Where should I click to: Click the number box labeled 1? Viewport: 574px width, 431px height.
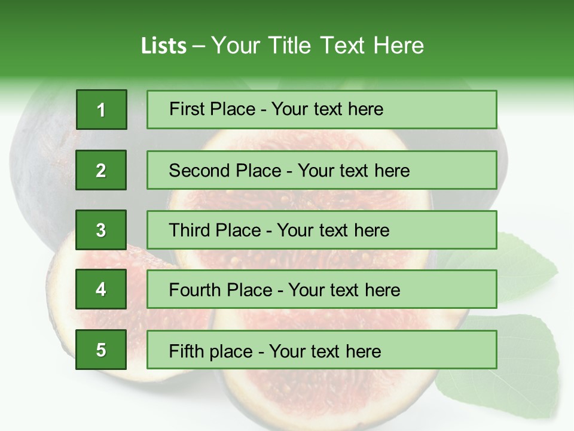101,110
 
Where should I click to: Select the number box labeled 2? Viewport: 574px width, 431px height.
101,170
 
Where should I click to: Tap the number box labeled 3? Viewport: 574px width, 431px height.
101,230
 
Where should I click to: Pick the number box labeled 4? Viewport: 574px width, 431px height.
101,289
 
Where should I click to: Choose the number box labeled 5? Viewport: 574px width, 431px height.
101,350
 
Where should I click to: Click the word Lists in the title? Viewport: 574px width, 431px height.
163,46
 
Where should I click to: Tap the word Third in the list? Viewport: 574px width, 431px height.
191,230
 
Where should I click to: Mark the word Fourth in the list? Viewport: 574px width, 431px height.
196,290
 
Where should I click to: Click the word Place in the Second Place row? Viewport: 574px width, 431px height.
257,171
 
